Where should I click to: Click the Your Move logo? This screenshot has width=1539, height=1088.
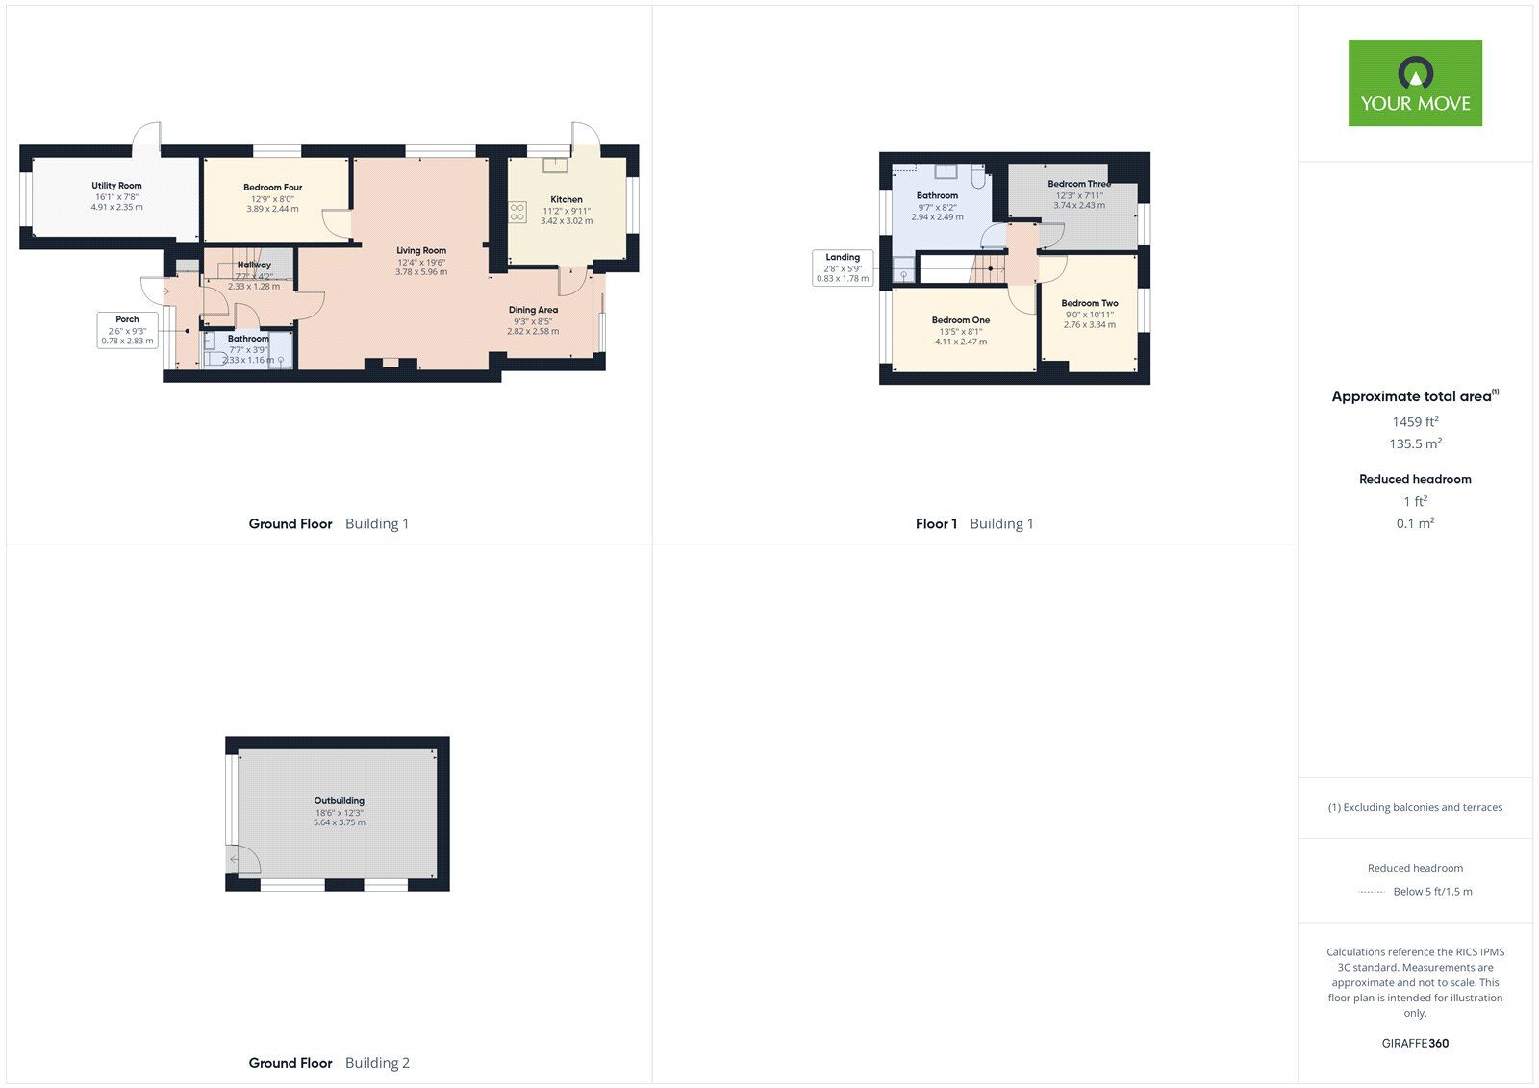coord(1415,83)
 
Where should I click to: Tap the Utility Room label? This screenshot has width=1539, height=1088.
coord(116,186)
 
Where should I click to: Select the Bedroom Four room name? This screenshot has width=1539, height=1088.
coord(273,187)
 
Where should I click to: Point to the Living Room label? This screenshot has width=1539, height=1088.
coord(421,251)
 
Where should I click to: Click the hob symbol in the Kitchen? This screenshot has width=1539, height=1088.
coord(517,212)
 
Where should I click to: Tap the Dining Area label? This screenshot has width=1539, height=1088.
coord(533,310)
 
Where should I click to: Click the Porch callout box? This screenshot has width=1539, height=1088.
coord(127,330)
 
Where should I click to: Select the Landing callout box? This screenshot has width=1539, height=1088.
coord(843,267)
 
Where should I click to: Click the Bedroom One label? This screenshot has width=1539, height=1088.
coord(961,320)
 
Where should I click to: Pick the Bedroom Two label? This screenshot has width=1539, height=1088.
coord(1090,303)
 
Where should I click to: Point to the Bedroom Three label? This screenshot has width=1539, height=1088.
coord(1079,184)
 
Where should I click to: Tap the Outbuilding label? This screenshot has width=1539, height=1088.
coord(340,800)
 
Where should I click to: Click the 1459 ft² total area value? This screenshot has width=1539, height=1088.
coord(1415,421)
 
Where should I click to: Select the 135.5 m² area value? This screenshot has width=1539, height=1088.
coord(1415,443)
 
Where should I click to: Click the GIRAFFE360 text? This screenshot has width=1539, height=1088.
coord(1415,1043)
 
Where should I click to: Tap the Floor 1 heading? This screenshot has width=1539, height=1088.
coord(936,523)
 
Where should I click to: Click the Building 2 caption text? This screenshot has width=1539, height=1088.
coord(377,1063)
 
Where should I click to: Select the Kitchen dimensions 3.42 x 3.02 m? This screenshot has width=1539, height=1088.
coord(567,220)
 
